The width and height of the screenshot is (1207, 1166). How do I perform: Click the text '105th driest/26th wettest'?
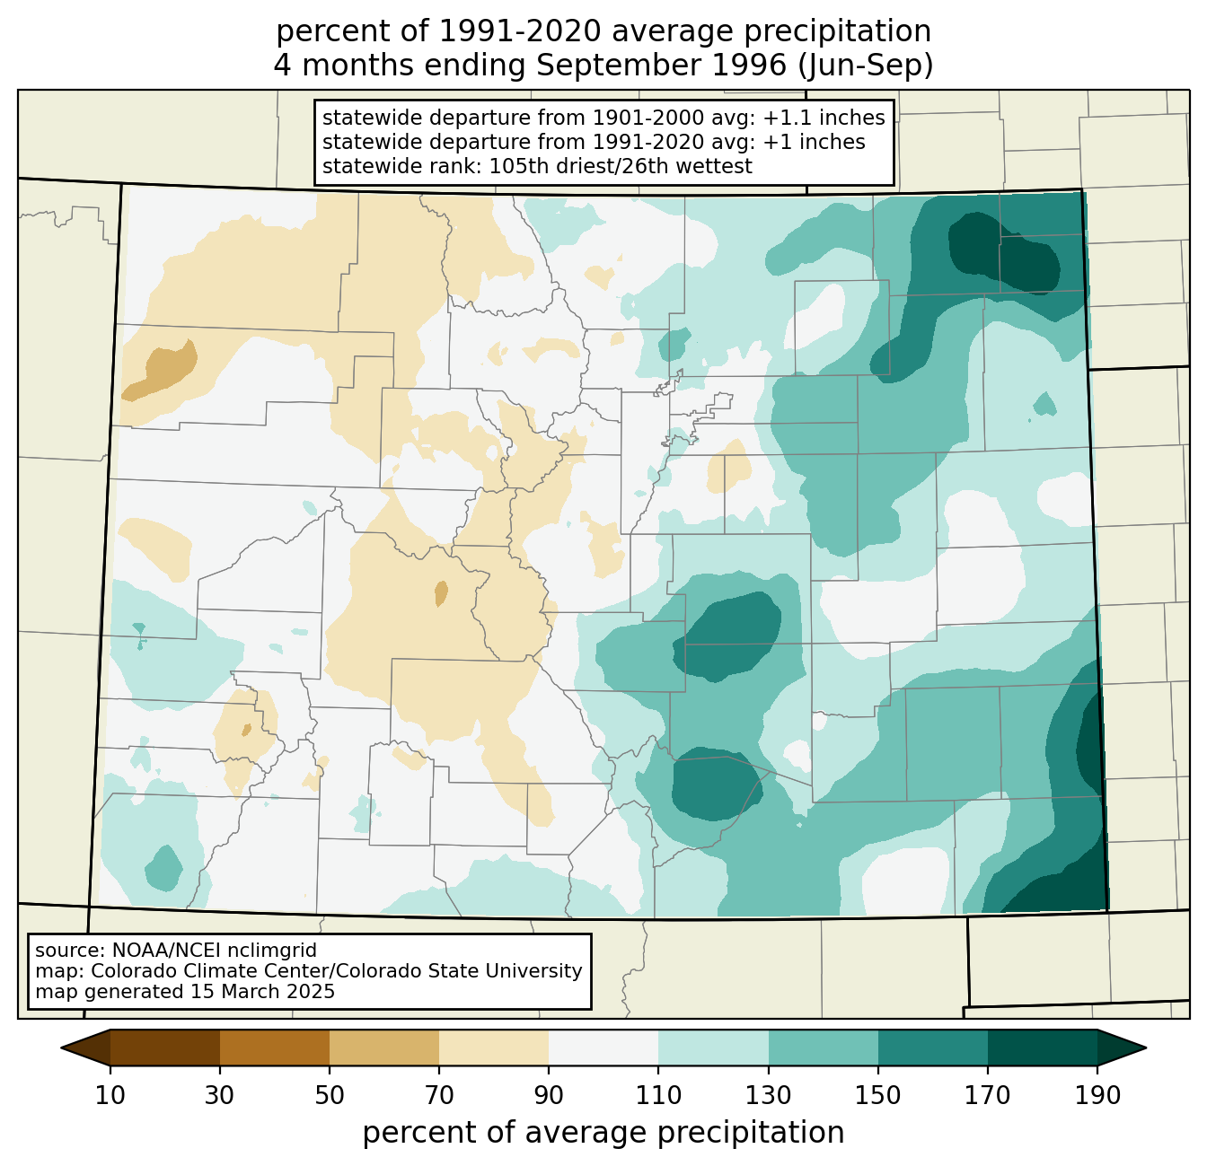click(x=621, y=166)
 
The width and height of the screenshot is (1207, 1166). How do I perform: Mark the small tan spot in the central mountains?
click(x=441, y=593)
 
